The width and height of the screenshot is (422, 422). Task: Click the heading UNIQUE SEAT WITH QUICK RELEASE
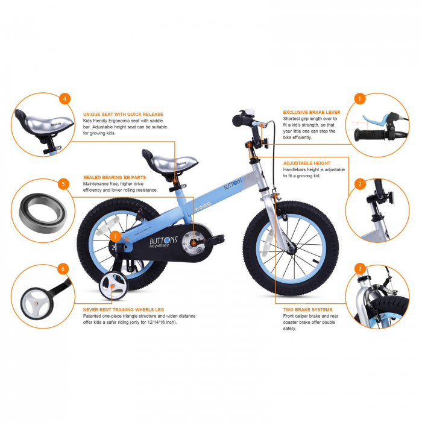pyautogui.click(x=123, y=114)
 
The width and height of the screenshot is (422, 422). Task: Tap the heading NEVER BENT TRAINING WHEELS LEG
pyautogui.click(x=123, y=309)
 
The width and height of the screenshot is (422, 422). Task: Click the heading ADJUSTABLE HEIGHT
pyautogui.click(x=307, y=163)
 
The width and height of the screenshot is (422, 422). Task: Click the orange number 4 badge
pyautogui.click(x=65, y=98)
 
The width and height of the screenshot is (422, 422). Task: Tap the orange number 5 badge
pyautogui.click(x=63, y=184)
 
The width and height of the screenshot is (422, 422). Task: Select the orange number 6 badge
pyautogui.click(x=63, y=268)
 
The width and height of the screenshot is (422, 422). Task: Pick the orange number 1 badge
pyautogui.click(x=359, y=98)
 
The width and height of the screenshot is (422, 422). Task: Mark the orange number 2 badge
pyautogui.click(x=360, y=184)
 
